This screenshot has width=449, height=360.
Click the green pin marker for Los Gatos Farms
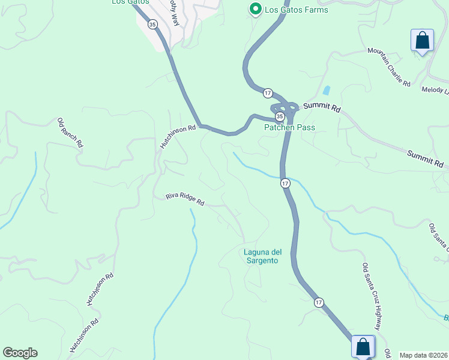pyautogui.click(x=255, y=9)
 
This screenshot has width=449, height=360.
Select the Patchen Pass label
pyautogui.click(x=289, y=127)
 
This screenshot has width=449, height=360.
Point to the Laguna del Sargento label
pyautogui.click(x=262, y=256)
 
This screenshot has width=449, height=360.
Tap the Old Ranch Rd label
pyautogui.click(x=70, y=133)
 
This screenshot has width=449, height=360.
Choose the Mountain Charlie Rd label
pyautogui.click(x=389, y=68)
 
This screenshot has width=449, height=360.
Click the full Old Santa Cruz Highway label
pyautogui.click(x=372, y=296)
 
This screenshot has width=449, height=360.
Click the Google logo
pyautogui.click(x=20, y=353)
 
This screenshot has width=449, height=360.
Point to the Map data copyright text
pyautogui.click(x=424, y=355)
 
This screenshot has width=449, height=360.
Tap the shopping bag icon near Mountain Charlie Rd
pyautogui.click(x=422, y=41)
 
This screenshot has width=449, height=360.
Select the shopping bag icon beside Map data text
pyautogui.click(x=363, y=346)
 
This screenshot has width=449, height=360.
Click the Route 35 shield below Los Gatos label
pyautogui.click(x=152, y=25)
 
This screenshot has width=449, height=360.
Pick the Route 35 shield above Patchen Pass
pyautogui.click(x=280, y=115)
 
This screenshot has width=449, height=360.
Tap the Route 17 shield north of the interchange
pyautogui.click(x=267, y=93)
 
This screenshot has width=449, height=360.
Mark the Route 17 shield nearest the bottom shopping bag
pyautogui.click(x=318, y=303)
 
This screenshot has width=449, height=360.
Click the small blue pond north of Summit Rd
pyautogui.click(x=326, y=91)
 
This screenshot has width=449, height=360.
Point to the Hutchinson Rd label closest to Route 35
pyautogui.click(x=178, y=137)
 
